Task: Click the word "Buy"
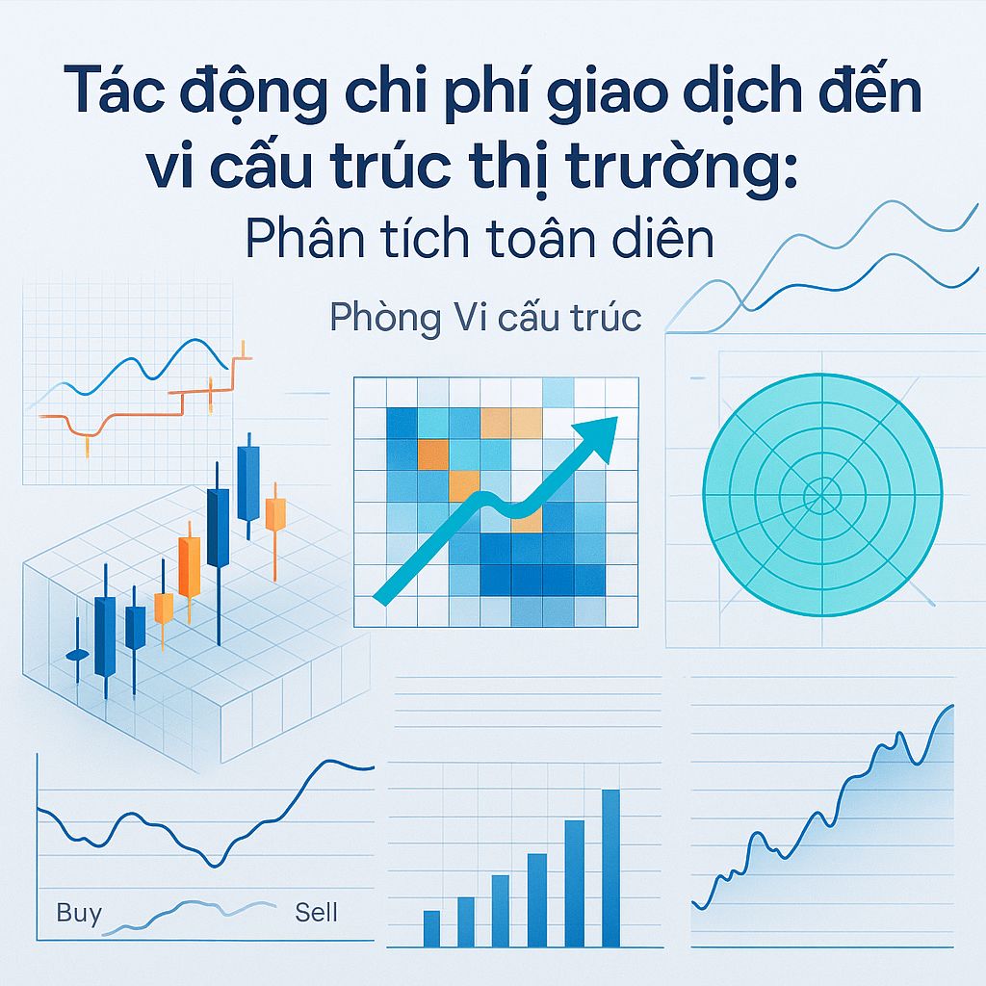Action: pos(79,912)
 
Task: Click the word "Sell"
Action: pos(317,912)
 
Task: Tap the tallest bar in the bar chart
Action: pos(610,868)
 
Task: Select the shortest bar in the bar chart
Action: pos(431,928)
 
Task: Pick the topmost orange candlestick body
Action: pos(275,514)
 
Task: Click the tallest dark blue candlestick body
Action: pos(218,527)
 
